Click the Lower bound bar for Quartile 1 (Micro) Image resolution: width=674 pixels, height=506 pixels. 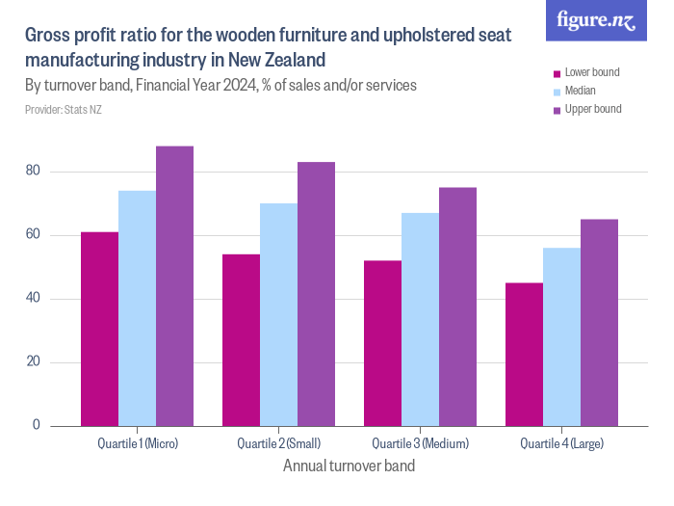pyautogui.click(x=99, y=329)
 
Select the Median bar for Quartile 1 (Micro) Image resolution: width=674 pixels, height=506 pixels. pyautogui.click(x=137, y=308)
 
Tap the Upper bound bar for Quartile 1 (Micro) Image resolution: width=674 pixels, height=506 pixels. pyautogui.click(x=174, y=286)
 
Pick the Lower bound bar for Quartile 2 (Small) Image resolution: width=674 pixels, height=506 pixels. pyautogui.click(x=241, y=340)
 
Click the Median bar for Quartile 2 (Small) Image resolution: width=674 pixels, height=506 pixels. pyautogui.click(x=278, y=314)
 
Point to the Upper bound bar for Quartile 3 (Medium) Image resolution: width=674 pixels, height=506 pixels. pyautogui.click(x=457, y=306)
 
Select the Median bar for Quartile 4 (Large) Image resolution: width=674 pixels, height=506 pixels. pyautogui.click(x=561, y=336)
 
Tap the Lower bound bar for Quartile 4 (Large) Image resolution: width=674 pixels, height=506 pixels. pyautogui.click(x=524, y=354)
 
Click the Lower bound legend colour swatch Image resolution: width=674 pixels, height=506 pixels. pyautogui.click(x=556, y=73)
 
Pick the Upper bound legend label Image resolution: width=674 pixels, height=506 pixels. pyautogui.click(x=592, y=109)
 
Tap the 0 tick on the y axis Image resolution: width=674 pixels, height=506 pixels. pyautogui.click(x=38, y=425)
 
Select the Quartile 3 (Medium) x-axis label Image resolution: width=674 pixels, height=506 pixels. pyautogui.click(x=420, y=443)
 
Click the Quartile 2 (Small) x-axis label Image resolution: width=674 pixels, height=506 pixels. pyautogui.click(x=278, y=443)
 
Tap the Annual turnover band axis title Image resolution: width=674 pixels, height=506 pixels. pyautogui.click(x=349, y=466)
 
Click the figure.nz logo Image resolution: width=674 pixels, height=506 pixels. pyautogui.click(x=596, y=21)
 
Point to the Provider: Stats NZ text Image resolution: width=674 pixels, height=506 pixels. pyautogui.click(x=63, y=110)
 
